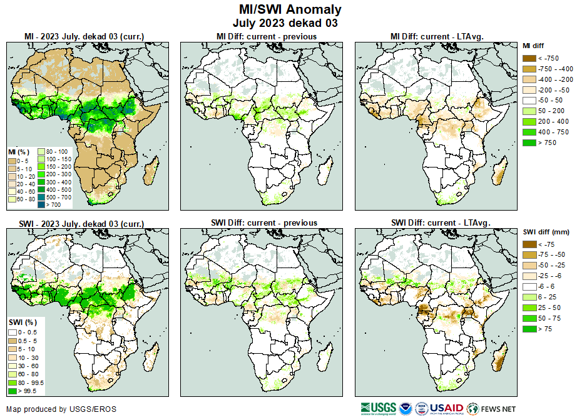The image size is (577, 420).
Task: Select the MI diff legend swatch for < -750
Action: [529, 58]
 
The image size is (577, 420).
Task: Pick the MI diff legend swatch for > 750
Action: [529, 143]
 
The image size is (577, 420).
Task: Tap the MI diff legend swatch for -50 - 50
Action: [529, 101]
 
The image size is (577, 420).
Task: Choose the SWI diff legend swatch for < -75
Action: [529, 244]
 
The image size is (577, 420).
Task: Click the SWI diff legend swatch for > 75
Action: [529, 329]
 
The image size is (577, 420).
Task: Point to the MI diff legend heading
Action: [533, 46]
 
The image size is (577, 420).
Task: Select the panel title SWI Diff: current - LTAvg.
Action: [440, 222]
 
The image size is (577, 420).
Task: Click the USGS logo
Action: [378, 408]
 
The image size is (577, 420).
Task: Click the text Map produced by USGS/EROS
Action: [61, 409]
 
